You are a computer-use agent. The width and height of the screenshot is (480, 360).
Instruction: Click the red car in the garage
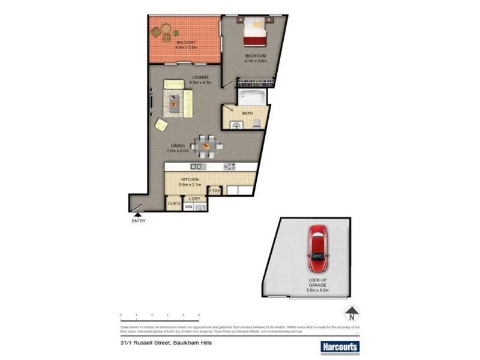318,248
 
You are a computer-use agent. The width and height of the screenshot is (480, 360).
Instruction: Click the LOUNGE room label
200,77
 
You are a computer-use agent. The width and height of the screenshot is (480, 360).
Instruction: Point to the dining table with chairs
205,145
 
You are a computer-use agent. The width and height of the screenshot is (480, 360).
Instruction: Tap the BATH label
247,113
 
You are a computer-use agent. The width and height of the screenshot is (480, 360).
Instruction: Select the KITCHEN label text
190,179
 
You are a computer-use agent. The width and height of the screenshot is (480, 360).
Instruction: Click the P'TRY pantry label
215,191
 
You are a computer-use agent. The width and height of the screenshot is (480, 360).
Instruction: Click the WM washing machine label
188,207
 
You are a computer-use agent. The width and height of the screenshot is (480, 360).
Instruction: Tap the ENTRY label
139,221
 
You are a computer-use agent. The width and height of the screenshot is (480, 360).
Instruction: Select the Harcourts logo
338,346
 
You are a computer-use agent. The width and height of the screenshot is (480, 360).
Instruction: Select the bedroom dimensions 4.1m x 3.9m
255,61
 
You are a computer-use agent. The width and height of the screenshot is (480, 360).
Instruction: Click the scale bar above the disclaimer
160,314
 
